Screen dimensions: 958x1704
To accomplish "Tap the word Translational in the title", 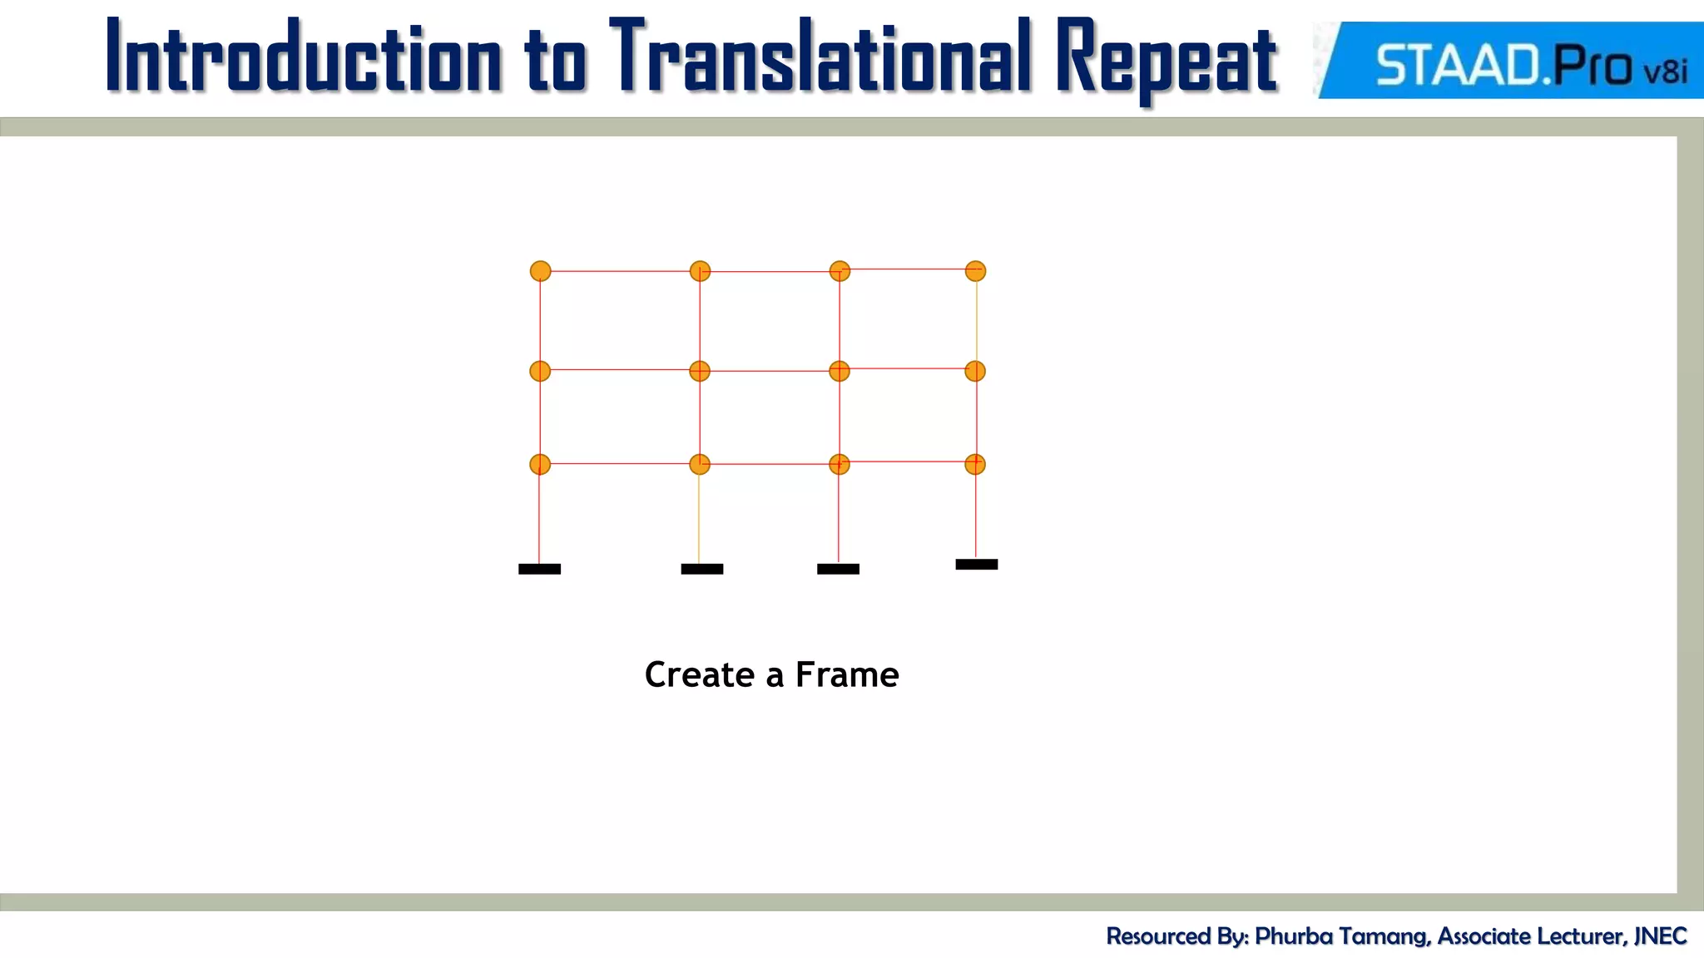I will pyautogui.click(x=820, y=57).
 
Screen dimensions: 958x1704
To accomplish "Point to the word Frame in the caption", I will pyautogui.click(x=846, y=674).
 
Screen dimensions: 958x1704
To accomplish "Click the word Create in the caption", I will pyautogui.click(x=699, y=674).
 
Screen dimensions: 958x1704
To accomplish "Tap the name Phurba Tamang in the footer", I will pyautogui.click(x=1341, y=936).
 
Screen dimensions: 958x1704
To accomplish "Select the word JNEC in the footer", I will pyautogui.click(x=1660, y=936).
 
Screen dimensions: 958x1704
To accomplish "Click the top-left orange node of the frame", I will pyautogui.click(x=540, y=271).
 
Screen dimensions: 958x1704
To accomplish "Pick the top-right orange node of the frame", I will pyautogui.click(x=975, y=271).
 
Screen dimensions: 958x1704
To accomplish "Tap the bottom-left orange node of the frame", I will pyautogui.click(x=540, y=464).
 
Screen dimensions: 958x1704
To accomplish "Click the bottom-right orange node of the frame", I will pyautogui.click(x=975, y=464).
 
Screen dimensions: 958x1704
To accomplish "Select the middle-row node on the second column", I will pyautogui.click(x=700, y=371).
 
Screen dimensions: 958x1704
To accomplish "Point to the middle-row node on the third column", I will pyautogui.click(x=840, y=371).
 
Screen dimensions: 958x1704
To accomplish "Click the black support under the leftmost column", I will pyautogui.click(x=539, y=569).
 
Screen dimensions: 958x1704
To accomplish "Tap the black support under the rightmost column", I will pyautogui.click(x=976, y=564).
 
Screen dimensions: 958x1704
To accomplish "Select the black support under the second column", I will pyautogui.click(x=701, y=569).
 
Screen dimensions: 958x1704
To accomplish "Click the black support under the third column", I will pyautogui.click(x=838, y=569).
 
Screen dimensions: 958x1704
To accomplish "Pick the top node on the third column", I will pyautogui.click(x=840, y=271).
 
